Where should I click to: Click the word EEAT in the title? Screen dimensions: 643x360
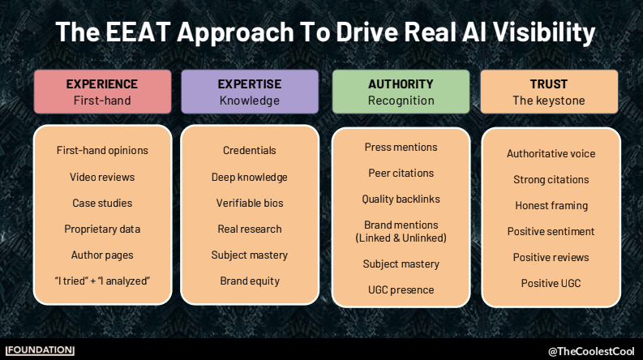pos(138,32)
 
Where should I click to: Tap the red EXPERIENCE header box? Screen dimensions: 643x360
pos(102,92)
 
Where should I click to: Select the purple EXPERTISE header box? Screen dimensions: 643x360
pos(250,92)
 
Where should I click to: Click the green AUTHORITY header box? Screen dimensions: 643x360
pos(401,92)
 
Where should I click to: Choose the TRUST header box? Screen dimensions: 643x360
pos(549,92)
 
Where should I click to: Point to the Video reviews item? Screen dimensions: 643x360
pos(102,177)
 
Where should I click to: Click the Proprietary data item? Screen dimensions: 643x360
pos(102,229)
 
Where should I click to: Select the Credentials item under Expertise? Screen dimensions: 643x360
pos(249,151)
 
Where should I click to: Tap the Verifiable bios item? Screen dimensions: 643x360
pos(250,203)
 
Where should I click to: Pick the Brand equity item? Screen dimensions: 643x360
pos(250,281)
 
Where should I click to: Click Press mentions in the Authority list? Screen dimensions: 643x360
pos(401,148)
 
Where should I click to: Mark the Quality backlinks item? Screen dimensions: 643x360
pos(401,199)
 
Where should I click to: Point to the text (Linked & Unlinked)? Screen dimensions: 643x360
pos(401,238)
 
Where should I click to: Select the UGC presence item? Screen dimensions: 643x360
pos(401,290)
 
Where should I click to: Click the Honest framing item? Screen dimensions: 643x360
pos(551,206)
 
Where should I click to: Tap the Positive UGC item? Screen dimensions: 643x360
pos(551,283)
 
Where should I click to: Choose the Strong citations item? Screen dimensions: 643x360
pos(551,179)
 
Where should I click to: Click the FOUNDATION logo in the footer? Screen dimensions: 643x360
pos(40,350)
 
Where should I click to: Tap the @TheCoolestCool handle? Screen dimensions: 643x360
pos(591,351)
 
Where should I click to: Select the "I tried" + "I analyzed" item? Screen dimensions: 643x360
pos(102,281)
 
